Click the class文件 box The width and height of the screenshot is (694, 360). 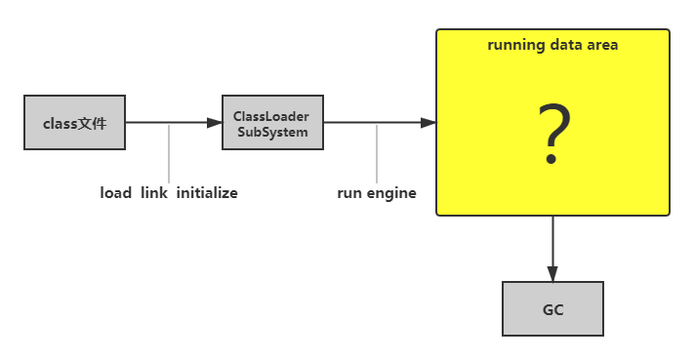74,123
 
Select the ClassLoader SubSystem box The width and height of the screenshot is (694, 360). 272,123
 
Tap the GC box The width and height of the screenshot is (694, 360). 552,309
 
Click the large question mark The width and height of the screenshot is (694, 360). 552,137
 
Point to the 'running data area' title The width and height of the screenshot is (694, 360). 552,45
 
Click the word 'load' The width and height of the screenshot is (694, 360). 115,193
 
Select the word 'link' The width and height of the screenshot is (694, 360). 153,193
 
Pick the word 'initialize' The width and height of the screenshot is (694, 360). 207,193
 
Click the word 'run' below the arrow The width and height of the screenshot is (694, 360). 349,193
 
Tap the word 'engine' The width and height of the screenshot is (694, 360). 391,193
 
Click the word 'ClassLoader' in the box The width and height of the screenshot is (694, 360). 272,116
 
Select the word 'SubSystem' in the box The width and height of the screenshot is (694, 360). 272,131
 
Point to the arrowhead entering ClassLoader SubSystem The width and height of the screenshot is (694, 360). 215,123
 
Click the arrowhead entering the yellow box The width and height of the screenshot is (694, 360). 428,123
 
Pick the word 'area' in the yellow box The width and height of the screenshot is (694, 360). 601,45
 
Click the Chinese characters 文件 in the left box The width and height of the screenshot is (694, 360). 92,123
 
